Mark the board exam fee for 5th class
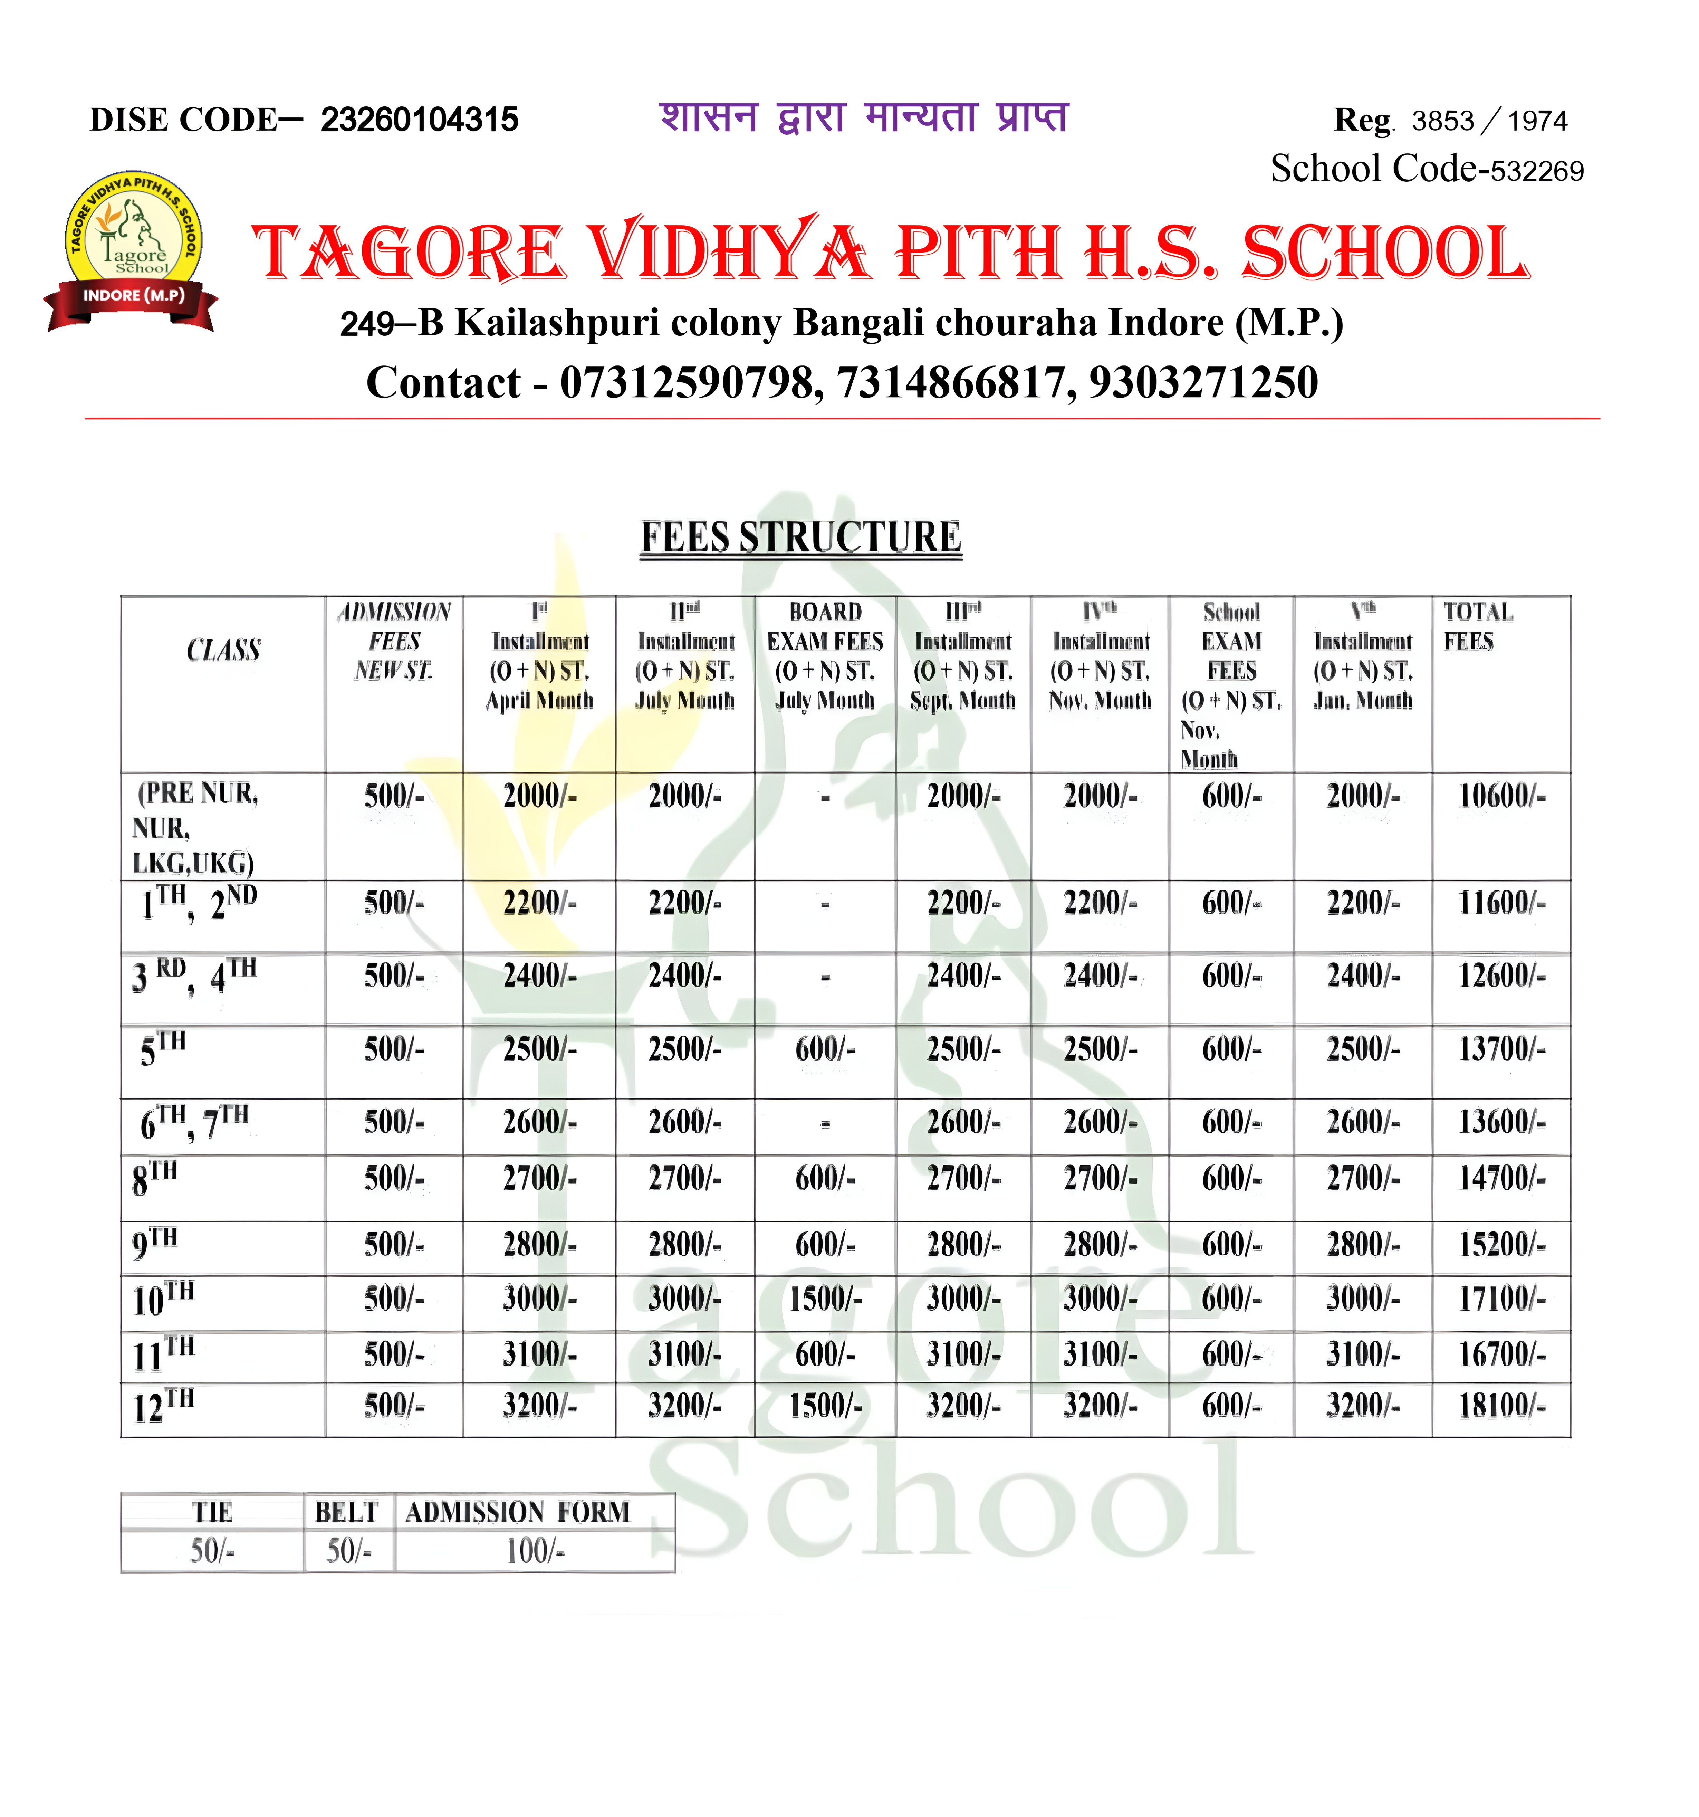tap(824, 1049)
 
